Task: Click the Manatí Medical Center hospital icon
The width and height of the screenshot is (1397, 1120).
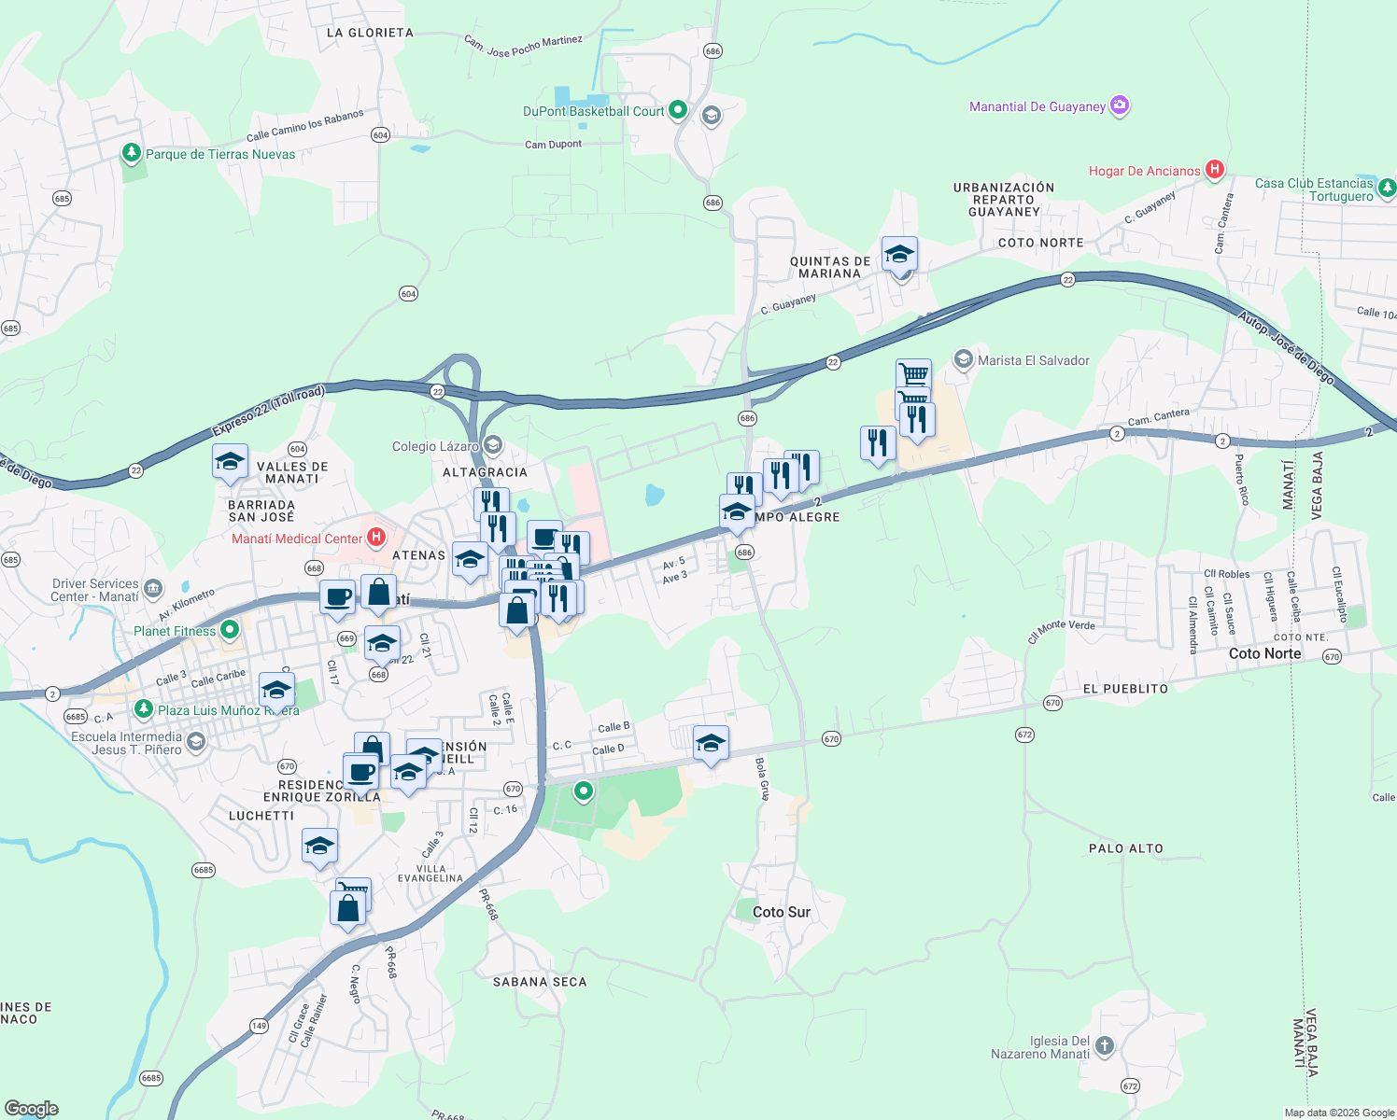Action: point(376,537)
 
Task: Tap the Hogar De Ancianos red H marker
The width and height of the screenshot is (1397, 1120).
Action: point(1215,169)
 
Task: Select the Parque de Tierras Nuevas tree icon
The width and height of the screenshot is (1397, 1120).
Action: point(132,152)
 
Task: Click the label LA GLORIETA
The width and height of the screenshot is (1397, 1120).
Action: point(370,33)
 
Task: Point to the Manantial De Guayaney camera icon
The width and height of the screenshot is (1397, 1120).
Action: point(1120,105)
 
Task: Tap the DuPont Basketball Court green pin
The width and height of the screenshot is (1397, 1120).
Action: point(678,110)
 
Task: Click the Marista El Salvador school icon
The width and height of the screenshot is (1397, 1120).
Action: point(963,359)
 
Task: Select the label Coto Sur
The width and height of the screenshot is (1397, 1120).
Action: point(782,912)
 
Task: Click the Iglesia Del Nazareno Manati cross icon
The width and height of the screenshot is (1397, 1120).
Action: point(1105,1045)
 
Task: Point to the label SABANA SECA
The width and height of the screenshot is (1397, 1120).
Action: point(540,982)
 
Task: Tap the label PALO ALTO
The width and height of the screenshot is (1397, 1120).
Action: point(1126,848)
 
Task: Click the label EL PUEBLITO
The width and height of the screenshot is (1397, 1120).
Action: point(1125,689)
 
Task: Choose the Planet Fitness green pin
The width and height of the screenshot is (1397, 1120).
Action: point(230,630)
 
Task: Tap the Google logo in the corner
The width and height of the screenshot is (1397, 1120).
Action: point(32,1108)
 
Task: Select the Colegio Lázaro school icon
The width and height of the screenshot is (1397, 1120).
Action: point(493,445)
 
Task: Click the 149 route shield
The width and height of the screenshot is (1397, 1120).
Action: point(259,1026)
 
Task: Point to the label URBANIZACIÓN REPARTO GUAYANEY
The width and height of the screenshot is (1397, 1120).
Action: point(1004,199)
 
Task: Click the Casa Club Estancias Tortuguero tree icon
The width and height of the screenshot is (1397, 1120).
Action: point(1387,189)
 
